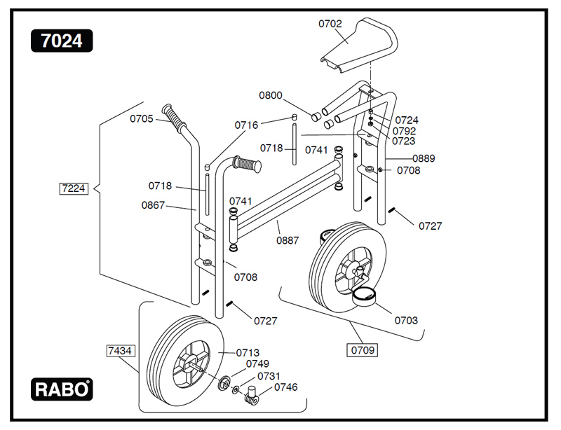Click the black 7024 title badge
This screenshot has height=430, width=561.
(x=62, y=41)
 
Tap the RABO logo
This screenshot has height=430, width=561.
(x=62, y=389)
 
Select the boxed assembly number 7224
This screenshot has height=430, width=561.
(x=74, y=188)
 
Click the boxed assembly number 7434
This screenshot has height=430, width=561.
(x=121, y=349)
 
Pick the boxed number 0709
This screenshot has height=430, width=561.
(x=363, y=348)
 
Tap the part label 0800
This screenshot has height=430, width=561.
(x=271, y=95)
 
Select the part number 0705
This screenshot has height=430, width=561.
(x=142, y=118)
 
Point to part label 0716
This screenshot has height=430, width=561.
(x=246, y=125)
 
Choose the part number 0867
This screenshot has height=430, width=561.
(x=153, y=205)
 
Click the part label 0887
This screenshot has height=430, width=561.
(x=288, y=240)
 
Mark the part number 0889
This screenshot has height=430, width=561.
(x=424, y=158)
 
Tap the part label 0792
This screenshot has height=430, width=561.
(x=405, y=130)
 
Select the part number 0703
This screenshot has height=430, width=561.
(x=406, y=320)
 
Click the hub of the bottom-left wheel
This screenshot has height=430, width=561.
(x=190, y=361)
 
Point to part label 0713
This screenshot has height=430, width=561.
(x=248, y=352)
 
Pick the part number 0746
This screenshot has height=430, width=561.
(x=285, y=387)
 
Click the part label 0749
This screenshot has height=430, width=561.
(x=257, y=363)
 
